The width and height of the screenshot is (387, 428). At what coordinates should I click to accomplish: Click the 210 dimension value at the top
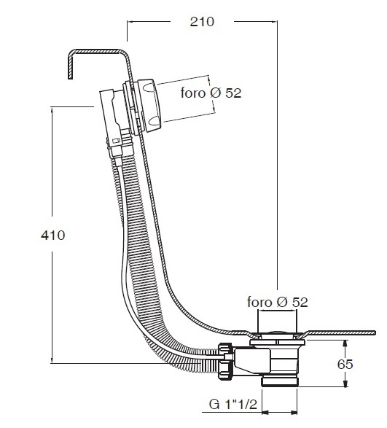pyautogui.click(x=202, y=22)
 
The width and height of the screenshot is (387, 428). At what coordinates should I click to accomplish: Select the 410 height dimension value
pyautogui.click(x=53, y=235)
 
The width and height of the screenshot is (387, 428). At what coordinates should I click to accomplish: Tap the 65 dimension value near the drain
pyautogui.click(x=345, y=364)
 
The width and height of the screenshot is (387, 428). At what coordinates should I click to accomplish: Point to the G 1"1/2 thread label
pyautogui.click(x=233, y=404)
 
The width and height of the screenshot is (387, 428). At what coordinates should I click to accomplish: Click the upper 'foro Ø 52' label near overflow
pyautogui.click(x=211, y=93)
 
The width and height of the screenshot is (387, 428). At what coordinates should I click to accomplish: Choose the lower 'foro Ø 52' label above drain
pyautogui.click(x=278, y=302)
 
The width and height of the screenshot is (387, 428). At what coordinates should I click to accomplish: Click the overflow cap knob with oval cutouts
pyautogui.click(x=151, y=106)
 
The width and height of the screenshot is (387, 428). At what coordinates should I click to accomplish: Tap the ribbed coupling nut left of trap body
pyautogui.click(x=226, y=361)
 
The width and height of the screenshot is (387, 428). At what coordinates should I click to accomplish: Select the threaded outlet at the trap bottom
pyautogui.click(x=280, y=381)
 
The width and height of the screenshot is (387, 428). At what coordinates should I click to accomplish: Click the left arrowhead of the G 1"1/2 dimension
pyautogui.click(x=265, y=412)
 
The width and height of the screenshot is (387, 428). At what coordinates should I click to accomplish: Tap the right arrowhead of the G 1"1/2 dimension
pyautogui.click(x=294, y=412)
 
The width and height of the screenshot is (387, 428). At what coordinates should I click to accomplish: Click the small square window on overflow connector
pyautogui.click(x=116, y=141)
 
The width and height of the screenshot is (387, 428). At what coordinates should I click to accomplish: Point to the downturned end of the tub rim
pyautogui.click(x=70, y=74)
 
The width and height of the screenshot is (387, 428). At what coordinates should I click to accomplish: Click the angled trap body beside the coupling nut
pyautogui.click(x=251, y=360)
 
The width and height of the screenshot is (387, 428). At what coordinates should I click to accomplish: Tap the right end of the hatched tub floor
pyautogui.click(x=375, y=333)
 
